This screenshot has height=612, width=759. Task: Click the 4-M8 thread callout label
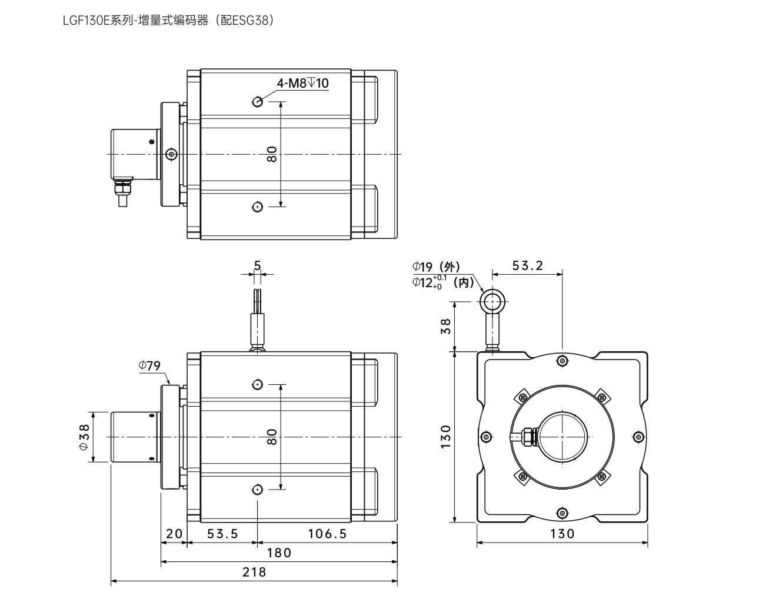click(302, 84)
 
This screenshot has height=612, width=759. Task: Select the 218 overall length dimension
click(254, 572)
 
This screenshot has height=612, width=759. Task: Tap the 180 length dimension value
click(279, 553)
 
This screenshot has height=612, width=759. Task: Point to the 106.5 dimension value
click(328, 534)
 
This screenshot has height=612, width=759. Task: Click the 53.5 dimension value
click(222, 534)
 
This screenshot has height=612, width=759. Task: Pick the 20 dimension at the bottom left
click(174, 534)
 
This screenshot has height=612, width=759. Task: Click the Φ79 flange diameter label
click(150, 365)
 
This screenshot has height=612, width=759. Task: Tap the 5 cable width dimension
click(257, 265)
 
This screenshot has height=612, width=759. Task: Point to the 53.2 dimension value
click(527, 265)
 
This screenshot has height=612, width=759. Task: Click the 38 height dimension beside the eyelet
click(445, 326)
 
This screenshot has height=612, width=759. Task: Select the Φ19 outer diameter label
click(436, 267)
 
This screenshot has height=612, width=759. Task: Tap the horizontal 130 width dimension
click(562, 534)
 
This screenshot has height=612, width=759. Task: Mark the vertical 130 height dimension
click(445, 437)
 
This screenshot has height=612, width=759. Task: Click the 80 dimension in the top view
click(271, 154)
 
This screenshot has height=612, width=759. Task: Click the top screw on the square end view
click(562, 360)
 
